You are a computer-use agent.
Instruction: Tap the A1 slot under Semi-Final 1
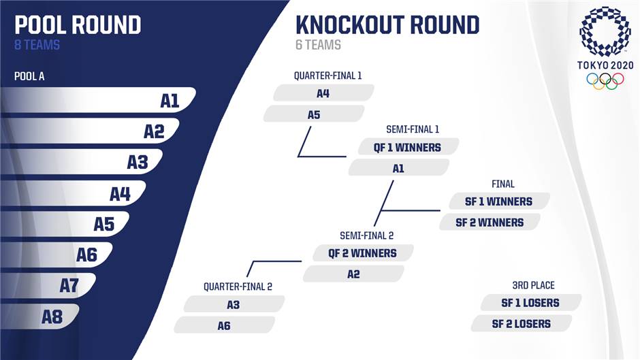click(x=399, y=168)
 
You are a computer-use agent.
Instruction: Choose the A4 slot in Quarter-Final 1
click(x=323, y=93)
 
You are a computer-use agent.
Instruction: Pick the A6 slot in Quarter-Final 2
click(x=224, y=325)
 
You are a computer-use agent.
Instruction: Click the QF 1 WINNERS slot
click(x=408, y=147)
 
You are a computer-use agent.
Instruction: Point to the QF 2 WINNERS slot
click(x=363, y=253)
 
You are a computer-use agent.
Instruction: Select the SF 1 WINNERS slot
click(x=499, y=201)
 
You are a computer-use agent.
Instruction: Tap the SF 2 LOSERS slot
click(x=522, y=324)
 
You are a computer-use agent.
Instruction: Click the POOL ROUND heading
click(x=78, y=25)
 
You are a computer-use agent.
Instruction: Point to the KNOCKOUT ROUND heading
click(x=387, y=25)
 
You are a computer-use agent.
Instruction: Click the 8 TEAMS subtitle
click(x=37, y=45)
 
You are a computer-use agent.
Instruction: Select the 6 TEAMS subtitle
click(x=319, y=45)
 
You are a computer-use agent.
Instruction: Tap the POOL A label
click(x=29, y=76)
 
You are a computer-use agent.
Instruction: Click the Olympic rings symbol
click(x=605, y=81)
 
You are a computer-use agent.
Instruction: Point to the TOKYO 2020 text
click(x=605, y=65)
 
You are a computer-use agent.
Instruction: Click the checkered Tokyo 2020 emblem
click(x=605, y=32)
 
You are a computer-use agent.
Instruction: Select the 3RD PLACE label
click(x=534, y=285)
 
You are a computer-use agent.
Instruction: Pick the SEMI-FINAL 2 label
click(x=366, y=235)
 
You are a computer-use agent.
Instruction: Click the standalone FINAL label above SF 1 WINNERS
click(x=503, y=184)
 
